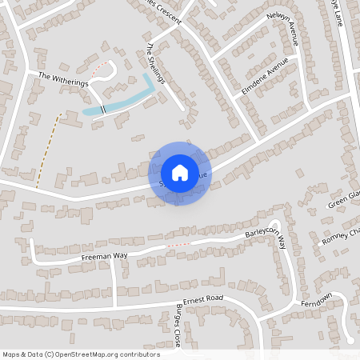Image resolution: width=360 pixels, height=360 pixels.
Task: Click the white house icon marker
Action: tap(179, 172)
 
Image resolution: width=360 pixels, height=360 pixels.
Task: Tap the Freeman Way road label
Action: tap(104, 258)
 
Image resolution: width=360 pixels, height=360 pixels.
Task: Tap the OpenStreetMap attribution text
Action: tap(81, 354)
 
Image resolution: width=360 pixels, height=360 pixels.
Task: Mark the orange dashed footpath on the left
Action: tap(47, 148)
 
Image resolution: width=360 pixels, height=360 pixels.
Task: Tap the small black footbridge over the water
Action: tap(103, 109)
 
